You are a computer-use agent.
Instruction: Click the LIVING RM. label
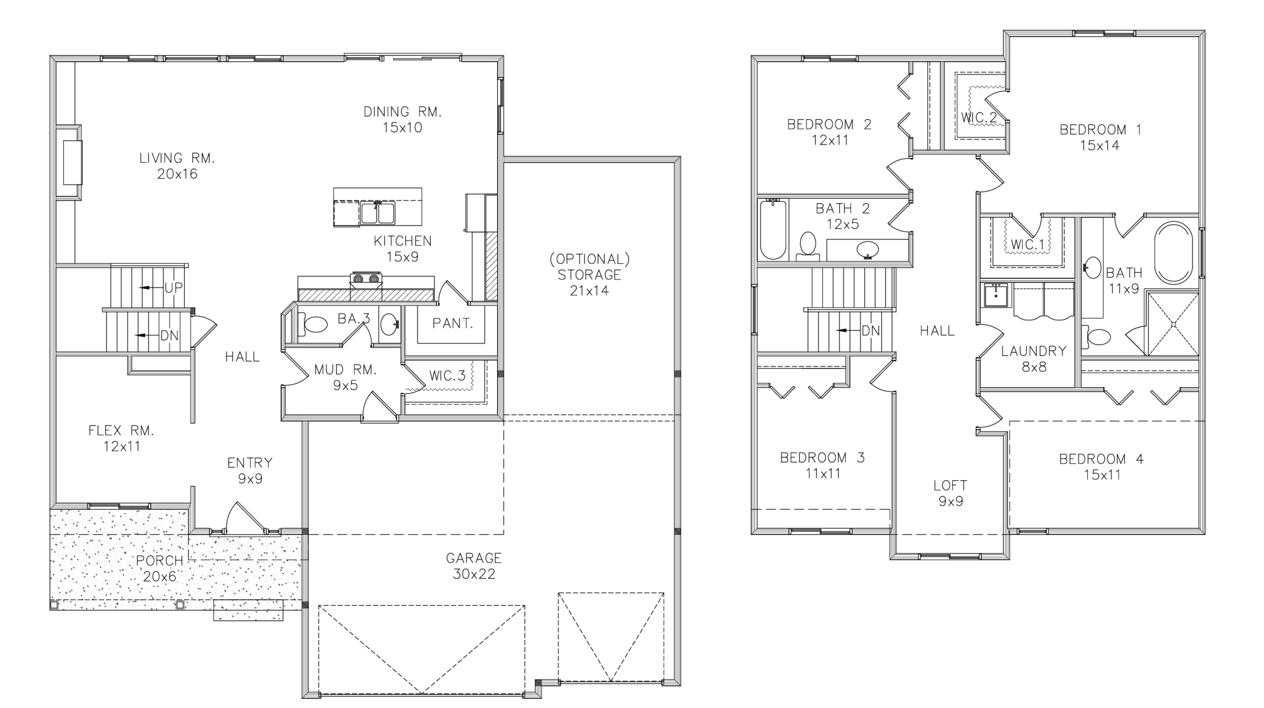click(x=177, y=159)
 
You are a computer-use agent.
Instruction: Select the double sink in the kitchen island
click(x=377, y=213)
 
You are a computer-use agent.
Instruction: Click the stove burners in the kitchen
click(x=366, y=279)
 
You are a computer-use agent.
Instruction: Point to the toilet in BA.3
click(x=315, y=325)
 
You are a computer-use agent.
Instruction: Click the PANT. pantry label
click(x=453, y=324)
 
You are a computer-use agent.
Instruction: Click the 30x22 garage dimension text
click(x=474, y=574)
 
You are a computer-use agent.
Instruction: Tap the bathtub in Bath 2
click(x=773, y=230)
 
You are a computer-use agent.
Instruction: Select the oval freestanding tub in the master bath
click(x=1173, y=253)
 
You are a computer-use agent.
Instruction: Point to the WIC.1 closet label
click(x=1028, y=245)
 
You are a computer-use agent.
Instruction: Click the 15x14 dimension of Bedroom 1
click(x=1100, y=146)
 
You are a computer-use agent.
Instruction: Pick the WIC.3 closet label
click(x=447, y=376)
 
